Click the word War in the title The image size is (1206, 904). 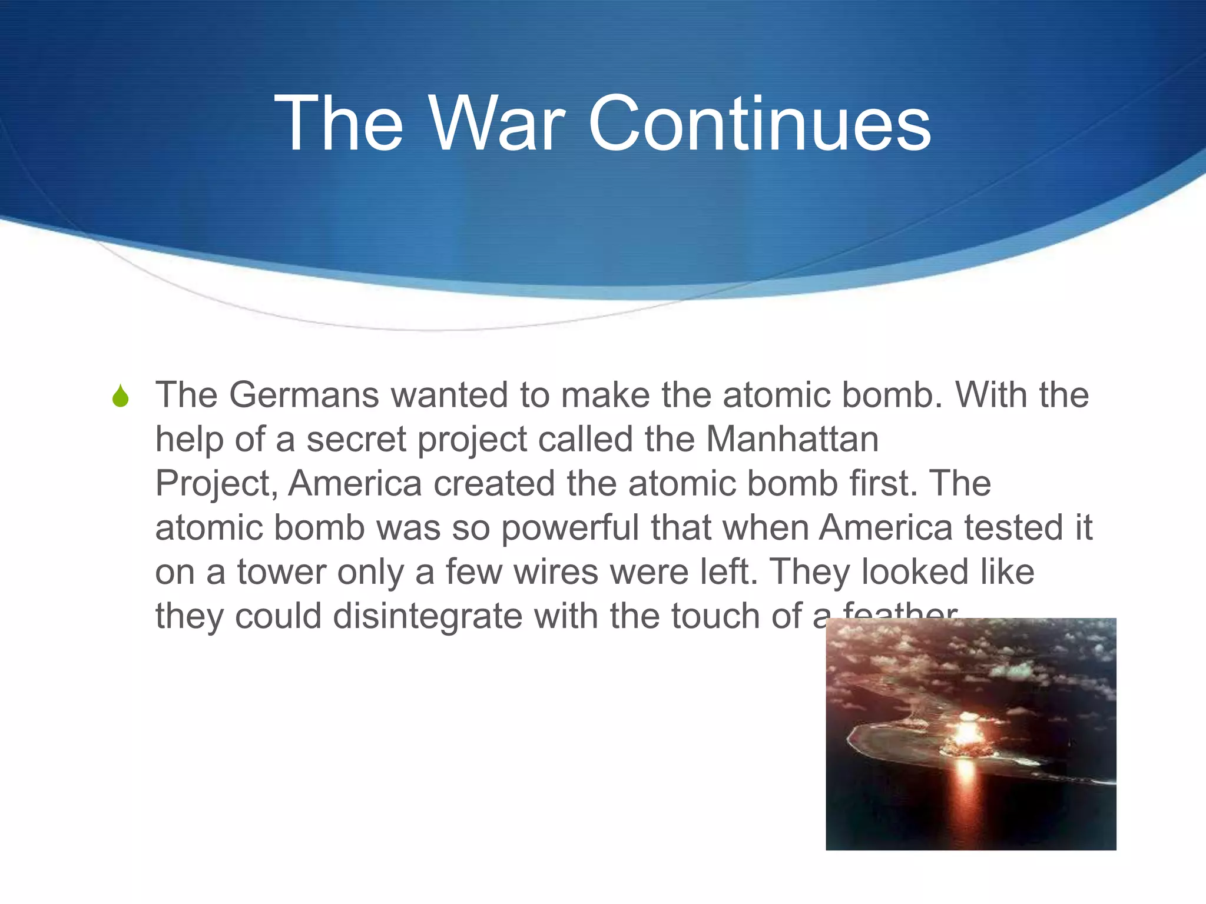tap(498, 125)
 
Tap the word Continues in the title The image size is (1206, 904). tap(760, 125)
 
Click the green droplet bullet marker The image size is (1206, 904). tap(120, 396)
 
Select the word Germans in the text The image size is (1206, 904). tap(304, 395)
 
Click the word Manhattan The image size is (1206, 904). tap(792, 439)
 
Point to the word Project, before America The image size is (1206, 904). tap(216, 484)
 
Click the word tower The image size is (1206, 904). tap(281, 572)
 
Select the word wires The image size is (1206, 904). tap(556, 572)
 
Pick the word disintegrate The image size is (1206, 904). tap(428, 616)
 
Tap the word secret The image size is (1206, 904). tap(356, 439)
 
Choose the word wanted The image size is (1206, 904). tap(449, 395)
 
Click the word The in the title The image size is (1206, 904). tap(339, 125)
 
